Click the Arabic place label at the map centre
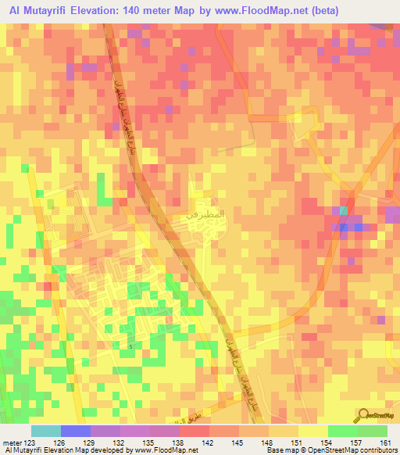pos(209,212)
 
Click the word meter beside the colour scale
pos(11,442)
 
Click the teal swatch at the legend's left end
pos(46,431)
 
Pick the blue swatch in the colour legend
pos(76,431)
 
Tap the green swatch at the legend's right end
pos(373,431)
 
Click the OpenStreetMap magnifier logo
pos(365,414)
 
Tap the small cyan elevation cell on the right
pos(344,210)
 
